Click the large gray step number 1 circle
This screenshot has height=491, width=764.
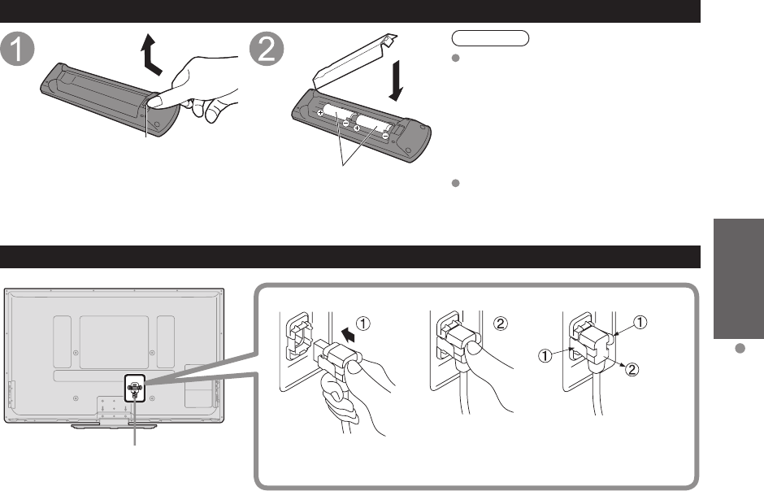point(18,50)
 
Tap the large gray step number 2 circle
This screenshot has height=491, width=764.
point(267,50)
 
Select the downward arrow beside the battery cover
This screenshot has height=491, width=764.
point(396,80)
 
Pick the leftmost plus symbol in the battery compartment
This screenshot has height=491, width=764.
point(320,112)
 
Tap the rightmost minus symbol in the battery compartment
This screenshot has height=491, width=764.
point(385,137)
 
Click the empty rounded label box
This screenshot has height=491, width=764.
point(490,38)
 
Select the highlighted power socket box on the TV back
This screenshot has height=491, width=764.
point(135,389)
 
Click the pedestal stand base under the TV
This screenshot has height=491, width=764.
point(114,426)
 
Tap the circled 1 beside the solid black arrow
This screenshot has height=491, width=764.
point(363,324)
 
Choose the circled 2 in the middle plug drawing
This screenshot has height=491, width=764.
point(501,324)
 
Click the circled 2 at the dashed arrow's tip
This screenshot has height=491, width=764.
point(632,369)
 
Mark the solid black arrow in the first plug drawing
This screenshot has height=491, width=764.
point(348,335)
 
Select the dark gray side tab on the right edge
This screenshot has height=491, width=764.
point(739,279)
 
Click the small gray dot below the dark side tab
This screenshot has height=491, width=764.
point(740,348)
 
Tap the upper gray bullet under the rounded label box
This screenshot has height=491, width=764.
point(456,58)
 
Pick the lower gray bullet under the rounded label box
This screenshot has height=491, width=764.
point(456,183)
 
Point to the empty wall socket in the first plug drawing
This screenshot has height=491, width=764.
point(297,337)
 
